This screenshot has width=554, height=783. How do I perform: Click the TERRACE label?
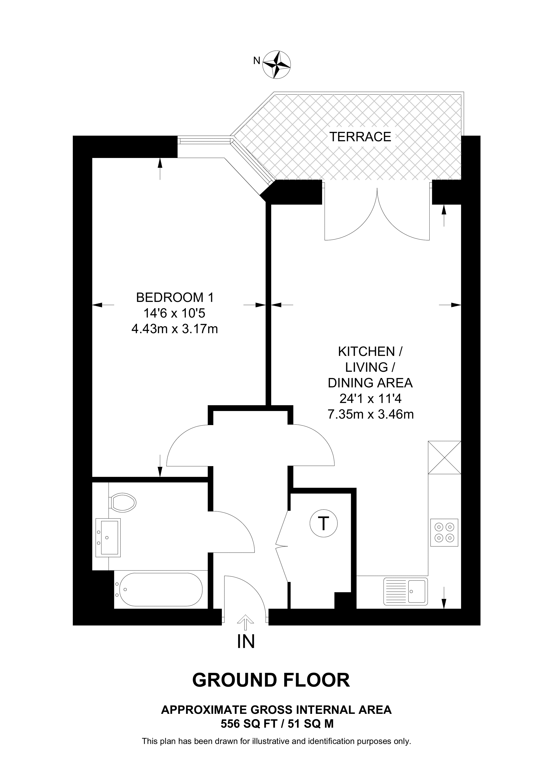point(360,137)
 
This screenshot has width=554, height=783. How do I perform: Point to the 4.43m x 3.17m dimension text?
point(175,329)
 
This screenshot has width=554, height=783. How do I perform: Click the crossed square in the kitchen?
point(444,457)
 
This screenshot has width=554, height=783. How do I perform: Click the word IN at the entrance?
point(246,641)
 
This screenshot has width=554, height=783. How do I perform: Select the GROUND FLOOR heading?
point(271,680)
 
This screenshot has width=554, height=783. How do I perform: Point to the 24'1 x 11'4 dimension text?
point(371,399)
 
